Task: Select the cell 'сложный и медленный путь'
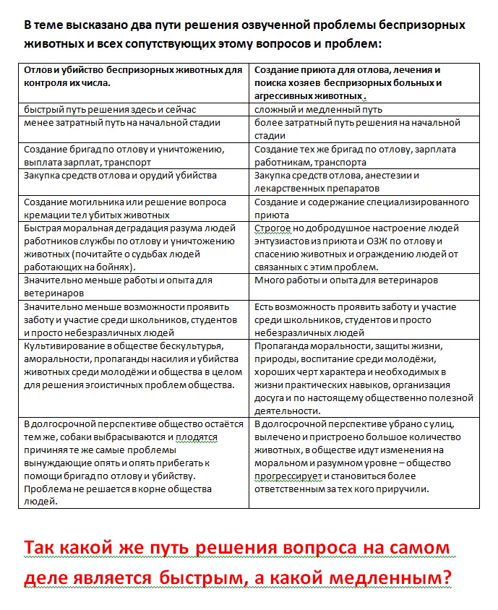[x=318, y=110]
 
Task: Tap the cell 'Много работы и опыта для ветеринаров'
[x=346, y=280]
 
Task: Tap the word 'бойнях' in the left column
[x=114, y=267]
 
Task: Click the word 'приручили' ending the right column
[x=404, y=489]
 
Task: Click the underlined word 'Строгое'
[x=271, y=228]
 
